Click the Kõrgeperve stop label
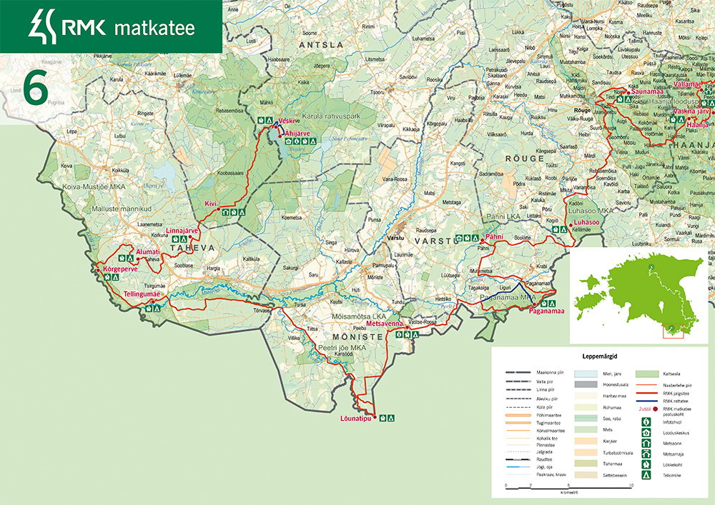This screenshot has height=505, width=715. pos(119,269)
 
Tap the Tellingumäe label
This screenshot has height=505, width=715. pos(142,294)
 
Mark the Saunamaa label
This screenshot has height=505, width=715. pos(646,92)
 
